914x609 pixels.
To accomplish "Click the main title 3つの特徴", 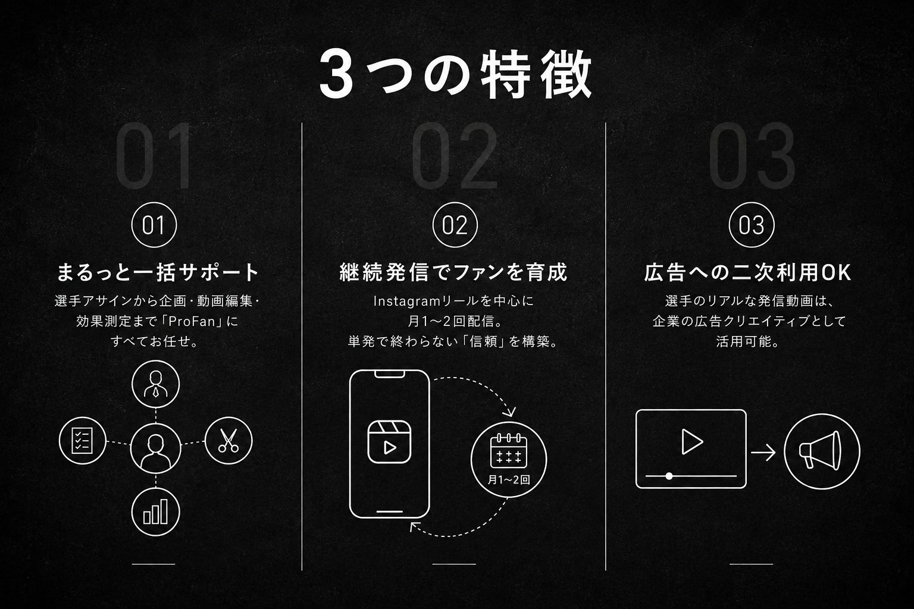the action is [455, 74].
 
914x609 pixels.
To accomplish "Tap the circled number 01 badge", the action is [154, 225].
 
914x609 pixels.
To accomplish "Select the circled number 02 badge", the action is [455, 225].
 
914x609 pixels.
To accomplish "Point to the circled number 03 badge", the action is [752, 225].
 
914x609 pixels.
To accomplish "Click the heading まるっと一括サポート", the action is [158, 272].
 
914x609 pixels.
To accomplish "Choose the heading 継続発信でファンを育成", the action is [453, 272].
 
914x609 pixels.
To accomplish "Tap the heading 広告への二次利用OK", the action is [748, 272].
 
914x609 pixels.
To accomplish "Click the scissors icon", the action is [228, 441].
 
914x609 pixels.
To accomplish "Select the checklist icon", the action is [83, 441].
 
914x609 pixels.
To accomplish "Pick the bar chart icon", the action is [155, 511].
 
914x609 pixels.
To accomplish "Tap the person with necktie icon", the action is [155, 384].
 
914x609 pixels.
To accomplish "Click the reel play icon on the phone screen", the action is [389, 442].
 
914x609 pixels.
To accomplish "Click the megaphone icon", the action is [822, 451].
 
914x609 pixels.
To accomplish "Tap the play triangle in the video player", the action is [692, 441].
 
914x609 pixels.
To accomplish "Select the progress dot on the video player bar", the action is [669, 476].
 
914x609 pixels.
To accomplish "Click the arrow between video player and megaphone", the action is [763, 453].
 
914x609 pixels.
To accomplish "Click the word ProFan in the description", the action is [192, 321].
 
